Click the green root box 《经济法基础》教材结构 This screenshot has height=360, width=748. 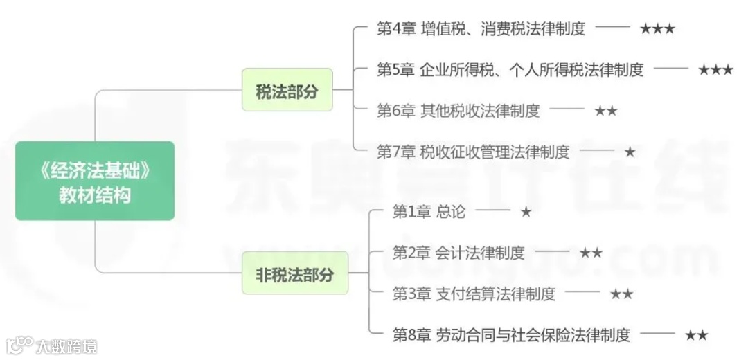click(95, 181)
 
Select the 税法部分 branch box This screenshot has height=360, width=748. click(287, 91)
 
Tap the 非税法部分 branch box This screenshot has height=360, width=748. click(295, 273)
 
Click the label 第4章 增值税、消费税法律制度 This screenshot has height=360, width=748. click(481, 29)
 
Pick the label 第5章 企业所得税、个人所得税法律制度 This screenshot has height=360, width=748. click(510, 70)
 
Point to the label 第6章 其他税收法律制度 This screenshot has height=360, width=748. click(458, 111)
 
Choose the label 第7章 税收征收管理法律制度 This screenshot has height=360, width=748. click(473, 152)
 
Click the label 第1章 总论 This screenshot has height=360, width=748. click(429, 212)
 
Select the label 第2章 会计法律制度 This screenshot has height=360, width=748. click(458, 253)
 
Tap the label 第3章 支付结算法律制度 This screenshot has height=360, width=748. click(474, 294)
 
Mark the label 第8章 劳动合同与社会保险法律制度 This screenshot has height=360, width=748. click(511, 335)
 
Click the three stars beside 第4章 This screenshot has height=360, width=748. click(657, 29)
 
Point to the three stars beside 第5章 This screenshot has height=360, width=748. click(715, 70)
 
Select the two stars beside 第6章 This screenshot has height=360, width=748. click(605, 111)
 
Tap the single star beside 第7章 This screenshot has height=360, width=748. click(630, 152)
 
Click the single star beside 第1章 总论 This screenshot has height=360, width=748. click(526, 212)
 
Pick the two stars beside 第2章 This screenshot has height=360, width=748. click(591, 253)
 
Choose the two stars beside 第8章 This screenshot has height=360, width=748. click(696, 335)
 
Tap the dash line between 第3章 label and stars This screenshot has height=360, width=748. click(582, 293)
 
